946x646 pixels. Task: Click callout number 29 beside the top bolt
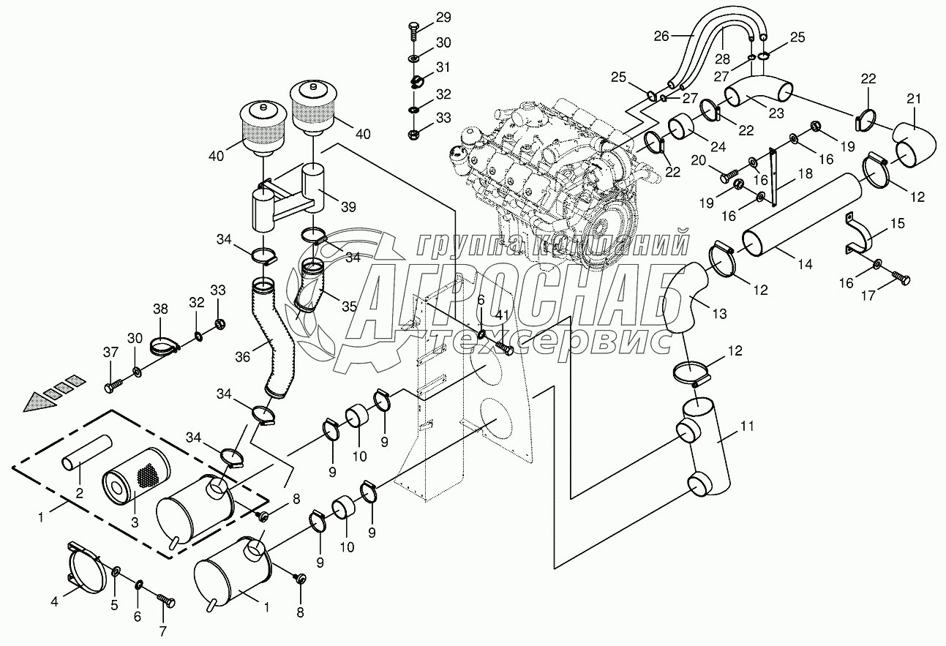(444, 17)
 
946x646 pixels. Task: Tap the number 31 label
(443, 68)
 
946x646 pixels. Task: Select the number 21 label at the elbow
(914, 99)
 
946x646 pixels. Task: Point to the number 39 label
(349, 207)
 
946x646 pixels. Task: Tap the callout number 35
(350, 306)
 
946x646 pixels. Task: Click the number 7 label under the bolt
(163, 631)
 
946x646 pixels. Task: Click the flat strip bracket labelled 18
(772, 175)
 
